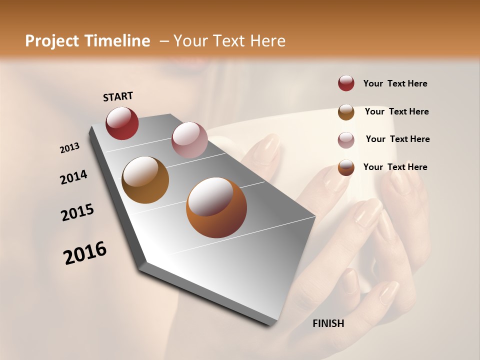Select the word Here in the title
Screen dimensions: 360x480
click(x=267, y=41)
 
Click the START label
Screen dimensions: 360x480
click(x=118, y=96)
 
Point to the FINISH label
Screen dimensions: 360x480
click(x=328, y=323)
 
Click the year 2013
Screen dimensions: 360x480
click(x=70, y=148)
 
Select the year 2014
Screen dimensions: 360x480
click(x=74, y=177)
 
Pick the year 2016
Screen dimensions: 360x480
click(x=85, y=253)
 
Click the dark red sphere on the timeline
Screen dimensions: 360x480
click(x=122, y=123)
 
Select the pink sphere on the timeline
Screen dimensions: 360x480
click(x=189, y=140)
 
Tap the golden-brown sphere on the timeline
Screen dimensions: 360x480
click(x=145, y=180)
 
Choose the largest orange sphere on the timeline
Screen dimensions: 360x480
click(x=216, y=207)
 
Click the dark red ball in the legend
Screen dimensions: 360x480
click(x=346, y=83)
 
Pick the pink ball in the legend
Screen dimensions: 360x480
click(x=346, y=139)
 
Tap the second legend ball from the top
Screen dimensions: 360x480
click(x=346, y=112)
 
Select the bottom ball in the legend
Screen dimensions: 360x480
click(x=346, y=167)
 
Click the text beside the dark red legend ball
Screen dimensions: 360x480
click(x=395, y=84)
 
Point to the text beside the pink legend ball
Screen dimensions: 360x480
click(x=397, y=139)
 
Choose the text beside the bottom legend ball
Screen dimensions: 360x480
click(x=395, y=167)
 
